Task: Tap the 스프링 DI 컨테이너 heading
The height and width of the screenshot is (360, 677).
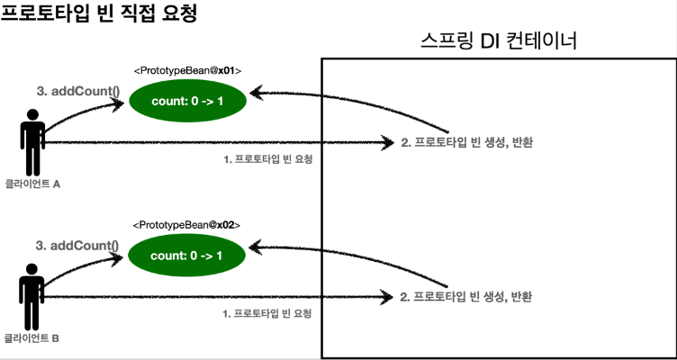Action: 499,41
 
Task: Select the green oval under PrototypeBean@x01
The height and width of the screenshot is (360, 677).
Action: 186,102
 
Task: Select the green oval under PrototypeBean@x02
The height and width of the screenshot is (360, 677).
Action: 186,256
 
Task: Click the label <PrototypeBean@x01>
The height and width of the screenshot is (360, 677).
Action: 187,69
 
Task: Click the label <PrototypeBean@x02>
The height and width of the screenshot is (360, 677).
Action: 187,224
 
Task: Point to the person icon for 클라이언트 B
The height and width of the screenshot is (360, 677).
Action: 32,297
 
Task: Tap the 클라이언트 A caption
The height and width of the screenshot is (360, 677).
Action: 32,184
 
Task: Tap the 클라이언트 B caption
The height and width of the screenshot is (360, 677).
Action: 32,338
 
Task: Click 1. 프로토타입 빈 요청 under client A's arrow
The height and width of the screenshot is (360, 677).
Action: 274,158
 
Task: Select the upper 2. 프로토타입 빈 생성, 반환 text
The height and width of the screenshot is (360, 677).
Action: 467,142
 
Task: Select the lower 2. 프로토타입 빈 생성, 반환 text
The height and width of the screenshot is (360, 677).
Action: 467,296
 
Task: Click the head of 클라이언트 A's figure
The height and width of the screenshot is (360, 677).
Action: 33,115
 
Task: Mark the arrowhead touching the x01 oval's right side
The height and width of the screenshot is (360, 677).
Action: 256,92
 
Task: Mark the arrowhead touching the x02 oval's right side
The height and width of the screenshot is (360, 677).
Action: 256,246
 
